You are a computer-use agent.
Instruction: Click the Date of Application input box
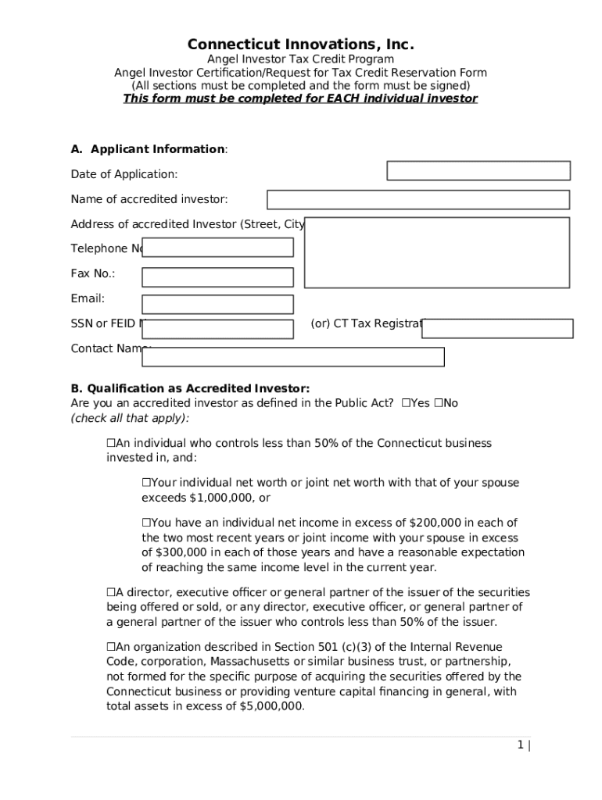tap(478, 171)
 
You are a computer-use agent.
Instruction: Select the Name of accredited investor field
tap(418, 200)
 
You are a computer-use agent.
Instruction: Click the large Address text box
tap(436, 252)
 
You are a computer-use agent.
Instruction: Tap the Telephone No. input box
tap(217, 248)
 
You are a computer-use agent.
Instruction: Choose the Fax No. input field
tap(217, 277)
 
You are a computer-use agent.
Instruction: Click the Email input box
tap(217, 305)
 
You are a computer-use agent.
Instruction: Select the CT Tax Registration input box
tap(497, 329)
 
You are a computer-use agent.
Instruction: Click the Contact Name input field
tap(292, 357)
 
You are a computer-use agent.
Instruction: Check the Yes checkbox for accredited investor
tap(406, 403)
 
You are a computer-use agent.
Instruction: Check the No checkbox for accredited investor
tap(439, 403)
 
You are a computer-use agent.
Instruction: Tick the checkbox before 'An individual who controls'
tap(111, 443)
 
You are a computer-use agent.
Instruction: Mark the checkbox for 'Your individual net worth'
tap(146, 483)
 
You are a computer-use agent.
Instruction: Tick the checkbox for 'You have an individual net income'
tap(146, 523)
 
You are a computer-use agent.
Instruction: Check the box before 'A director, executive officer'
tap(111, 592)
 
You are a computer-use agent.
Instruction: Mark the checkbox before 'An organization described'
tap(111, 647)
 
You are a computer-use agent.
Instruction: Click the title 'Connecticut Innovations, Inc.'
tap(300, 44)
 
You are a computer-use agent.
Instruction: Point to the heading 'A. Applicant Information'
tap(149, 149)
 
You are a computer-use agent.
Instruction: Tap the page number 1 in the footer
tap(519, 745)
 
